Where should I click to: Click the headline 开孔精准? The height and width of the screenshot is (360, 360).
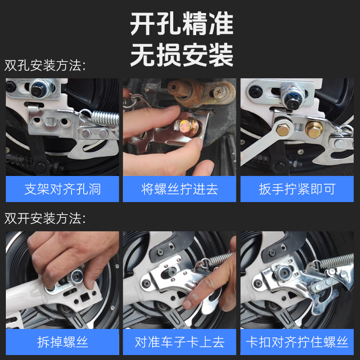(182, 25)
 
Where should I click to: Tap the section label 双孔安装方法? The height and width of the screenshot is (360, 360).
(45, 66)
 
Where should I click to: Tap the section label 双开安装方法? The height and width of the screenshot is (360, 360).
(45, 219)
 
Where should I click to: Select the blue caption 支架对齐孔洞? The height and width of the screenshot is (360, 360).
(63, 189)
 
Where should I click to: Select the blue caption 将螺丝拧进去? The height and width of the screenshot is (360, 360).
(180, 189)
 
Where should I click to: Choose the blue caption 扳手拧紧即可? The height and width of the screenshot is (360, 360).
(297, 189)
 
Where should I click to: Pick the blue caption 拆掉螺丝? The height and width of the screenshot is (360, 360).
(63, 342)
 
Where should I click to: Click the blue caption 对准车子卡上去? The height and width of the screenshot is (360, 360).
(180, 342)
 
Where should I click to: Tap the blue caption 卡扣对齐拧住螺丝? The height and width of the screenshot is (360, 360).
(297, 342)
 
